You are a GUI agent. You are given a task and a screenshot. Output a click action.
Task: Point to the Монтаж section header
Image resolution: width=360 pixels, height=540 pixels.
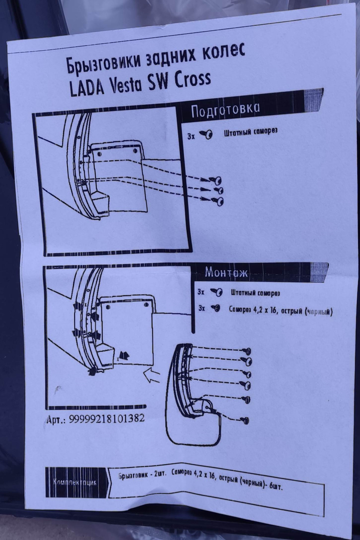(226, 273)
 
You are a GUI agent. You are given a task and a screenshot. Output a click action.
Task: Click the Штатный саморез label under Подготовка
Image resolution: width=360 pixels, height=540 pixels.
(251, 132)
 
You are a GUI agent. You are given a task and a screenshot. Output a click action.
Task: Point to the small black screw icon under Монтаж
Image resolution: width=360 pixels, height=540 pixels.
(216, 308)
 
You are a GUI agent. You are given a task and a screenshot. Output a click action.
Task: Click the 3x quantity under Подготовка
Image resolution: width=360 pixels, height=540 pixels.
(191, 137)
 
